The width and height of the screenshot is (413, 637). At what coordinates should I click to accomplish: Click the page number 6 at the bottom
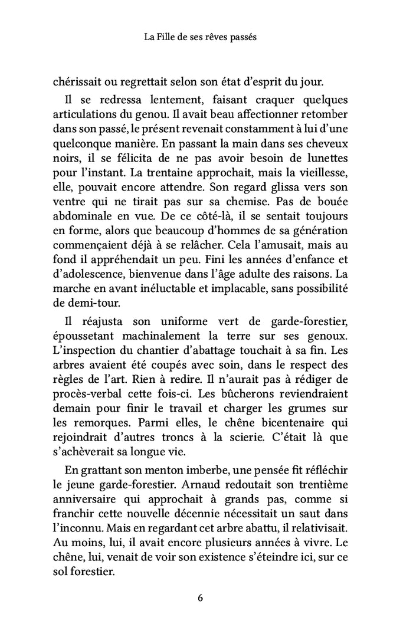point(201,597)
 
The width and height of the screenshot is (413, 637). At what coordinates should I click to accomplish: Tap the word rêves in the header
point(227,37)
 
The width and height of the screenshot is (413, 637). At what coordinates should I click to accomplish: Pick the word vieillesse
point(323,176)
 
